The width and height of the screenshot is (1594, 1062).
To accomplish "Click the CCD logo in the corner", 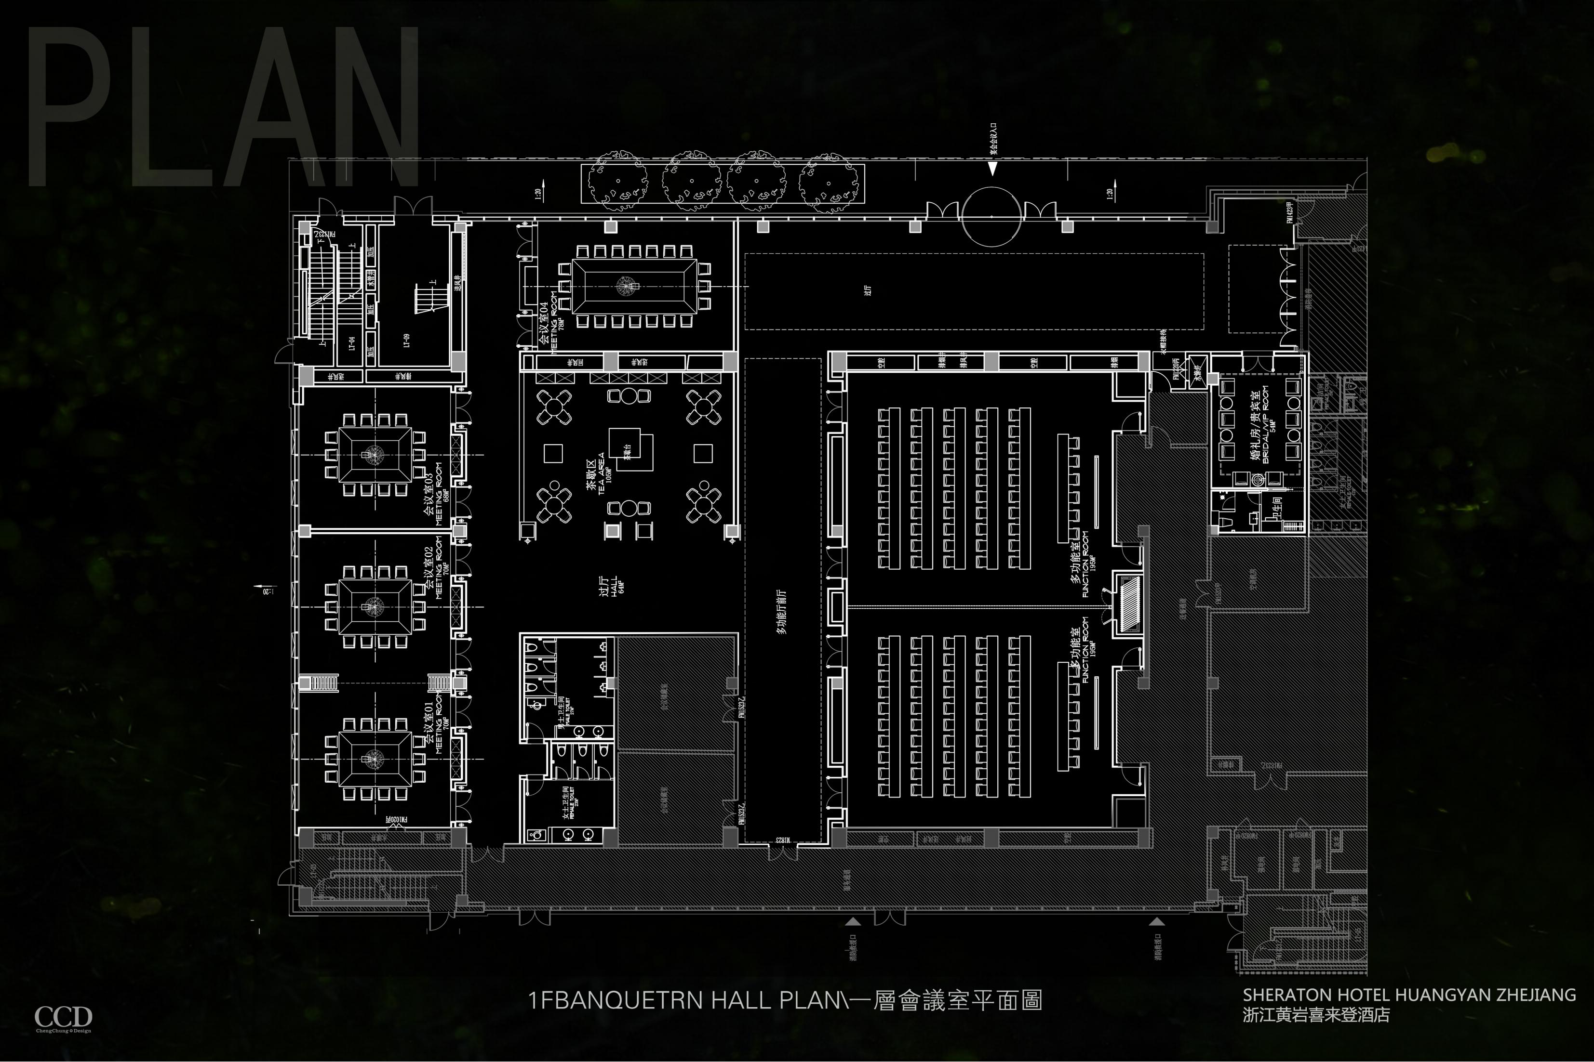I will tap(63, 1018).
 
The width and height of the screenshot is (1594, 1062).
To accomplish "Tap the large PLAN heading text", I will tap(224, 108).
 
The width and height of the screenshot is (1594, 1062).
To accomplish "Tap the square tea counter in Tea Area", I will tap(630, 449).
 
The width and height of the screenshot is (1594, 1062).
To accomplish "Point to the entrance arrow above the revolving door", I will tap(992, 169).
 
